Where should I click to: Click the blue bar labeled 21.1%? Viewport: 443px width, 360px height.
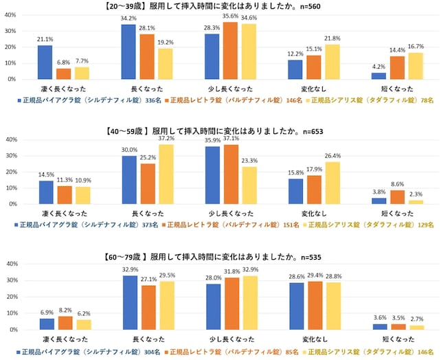click(45, 63)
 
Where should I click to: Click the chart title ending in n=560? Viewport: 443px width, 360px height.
click(221, 6)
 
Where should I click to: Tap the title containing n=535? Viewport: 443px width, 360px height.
click(221, 257)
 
